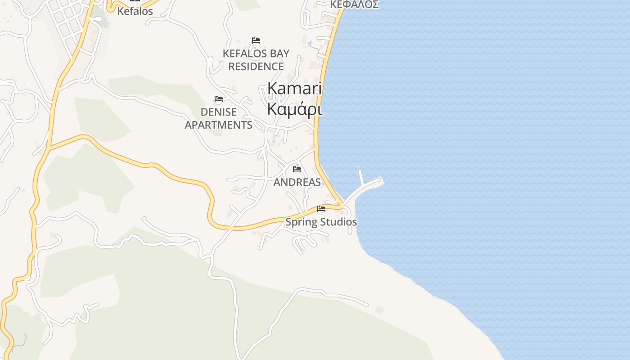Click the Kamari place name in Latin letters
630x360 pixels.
tap(294, 88)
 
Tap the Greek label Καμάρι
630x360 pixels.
tap(294, 109)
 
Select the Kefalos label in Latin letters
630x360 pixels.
tap(135, 11)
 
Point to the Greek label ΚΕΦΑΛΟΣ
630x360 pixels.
tap(354, 5)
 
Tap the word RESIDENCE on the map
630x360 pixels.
tap(256, 67)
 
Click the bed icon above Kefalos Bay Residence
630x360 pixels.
tap(256, 40)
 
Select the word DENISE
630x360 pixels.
tap(219, 112)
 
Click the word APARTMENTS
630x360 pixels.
tap(219, 125)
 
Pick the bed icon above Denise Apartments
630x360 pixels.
tap(219, 99)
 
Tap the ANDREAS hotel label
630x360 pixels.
tap(297, 182)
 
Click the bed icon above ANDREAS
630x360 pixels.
tap(297, 169)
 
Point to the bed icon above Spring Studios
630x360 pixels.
tap(321, 209)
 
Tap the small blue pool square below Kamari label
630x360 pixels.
tap(273, 141)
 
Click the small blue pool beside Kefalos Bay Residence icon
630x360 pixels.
tap(254, 47)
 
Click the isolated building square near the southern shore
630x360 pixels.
tap(379, 310)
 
